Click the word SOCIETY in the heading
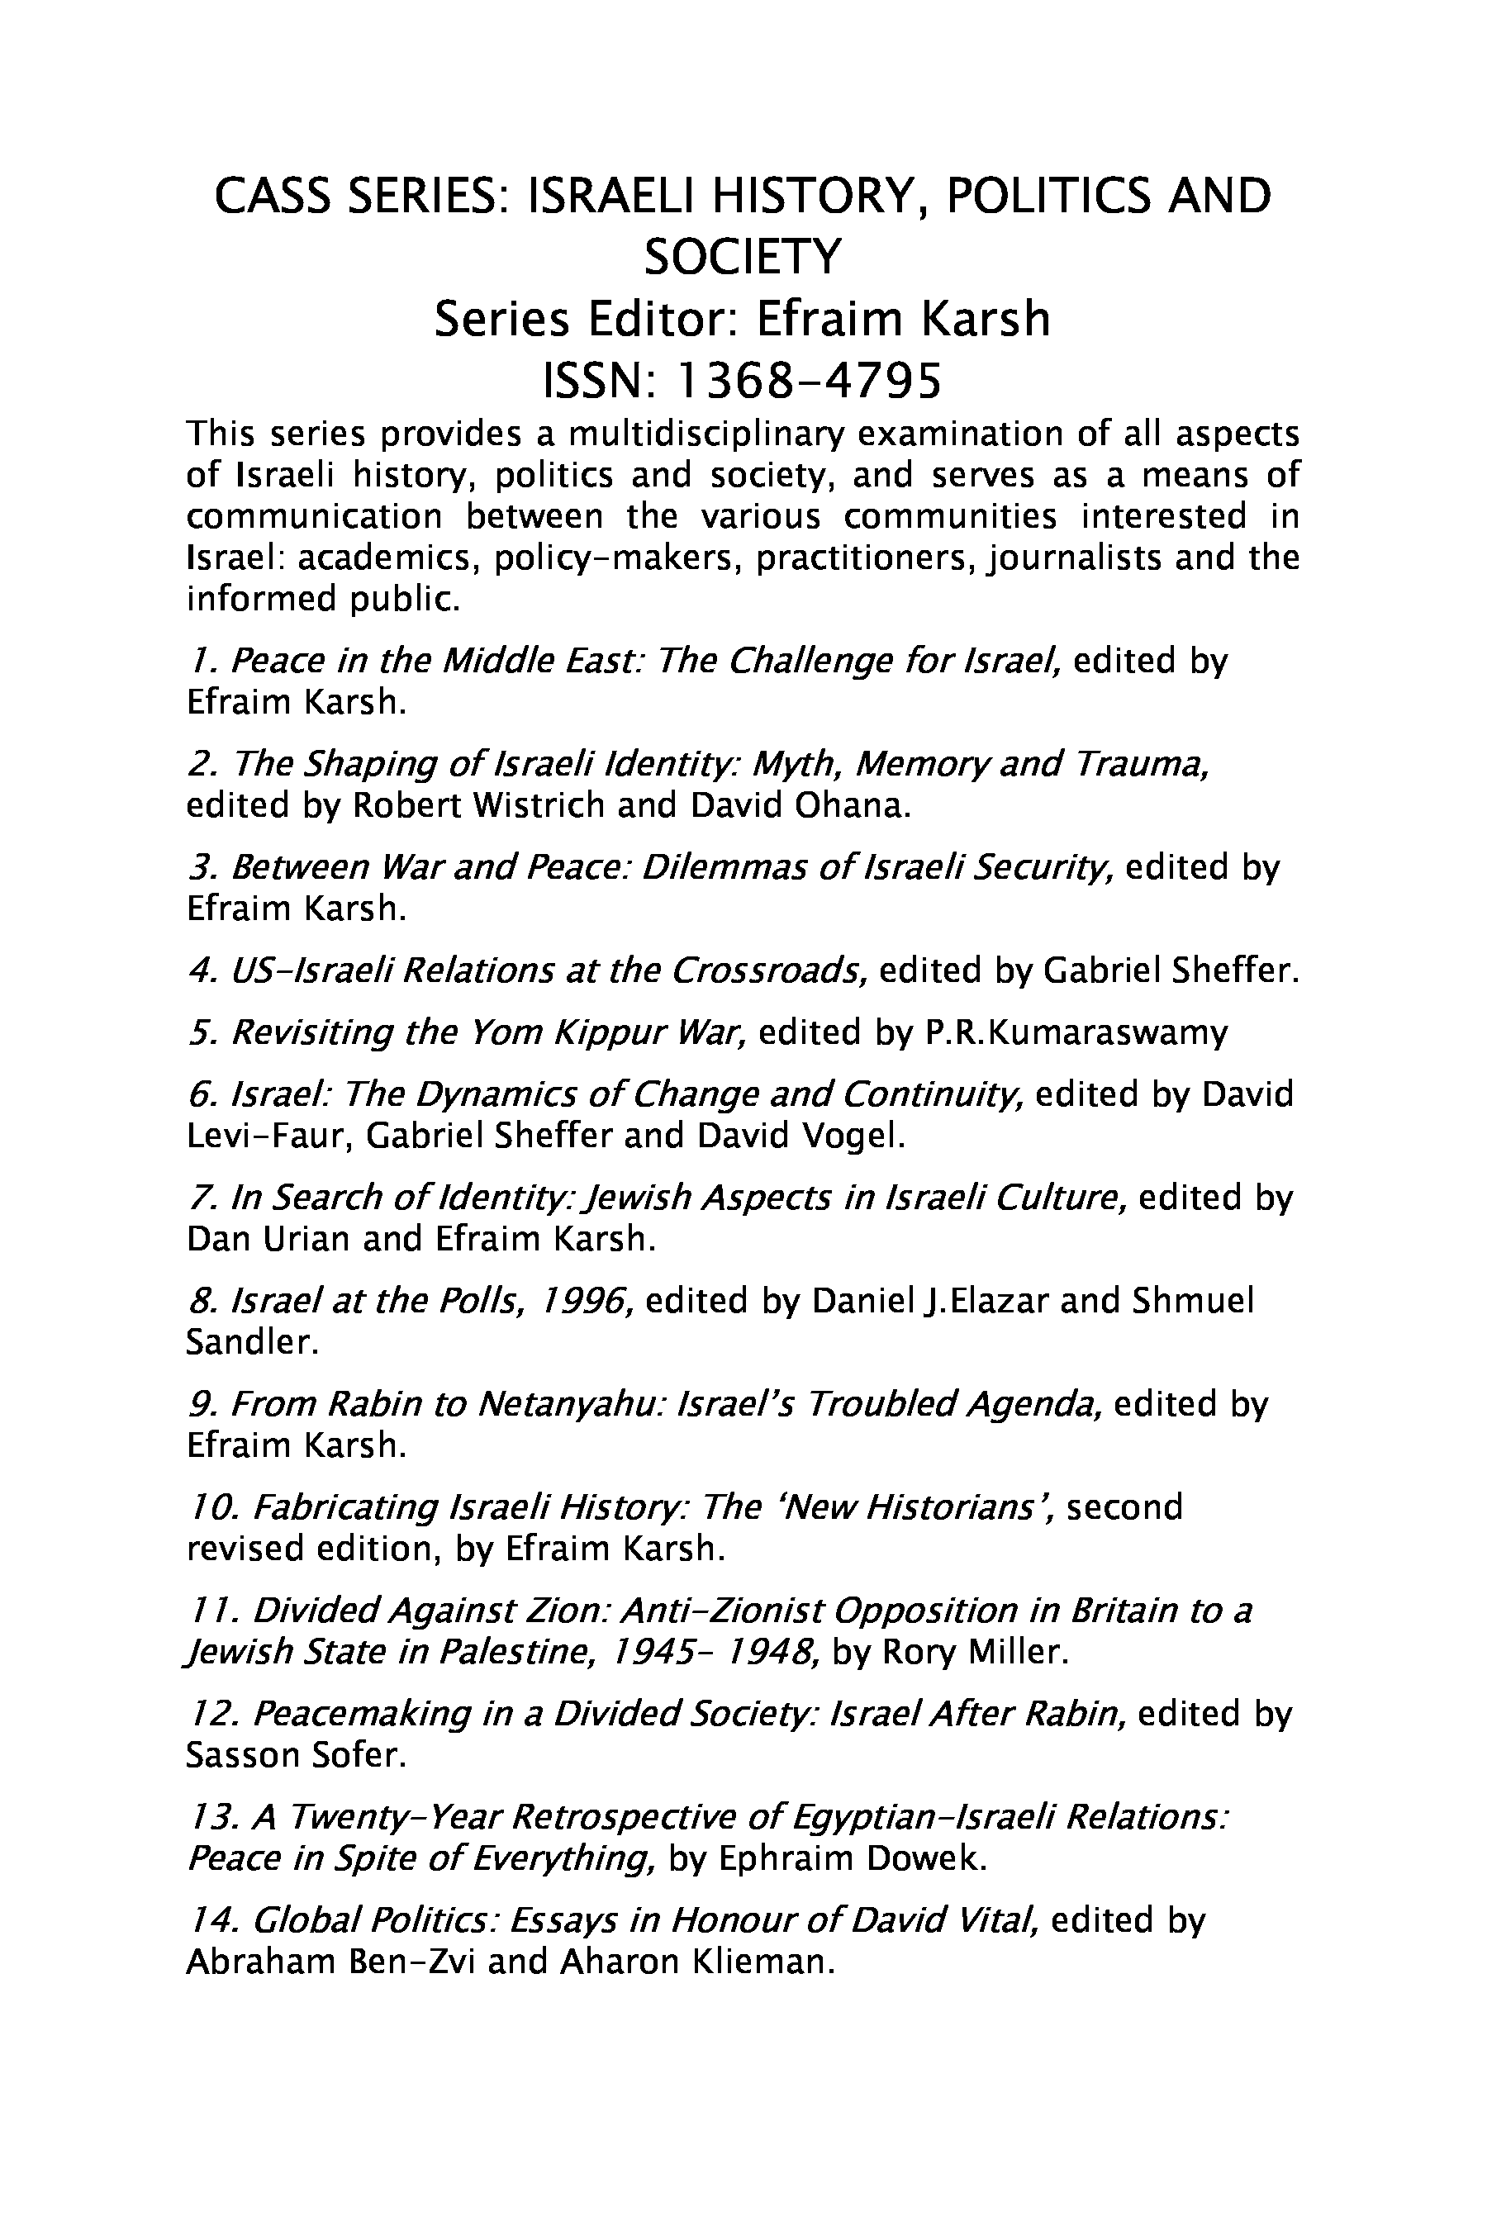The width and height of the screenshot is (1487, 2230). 743,256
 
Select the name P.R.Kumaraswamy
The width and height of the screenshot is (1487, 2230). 1076,1031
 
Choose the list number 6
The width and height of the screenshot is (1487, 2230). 200,1094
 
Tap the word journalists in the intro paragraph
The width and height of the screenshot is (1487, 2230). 1075,557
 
